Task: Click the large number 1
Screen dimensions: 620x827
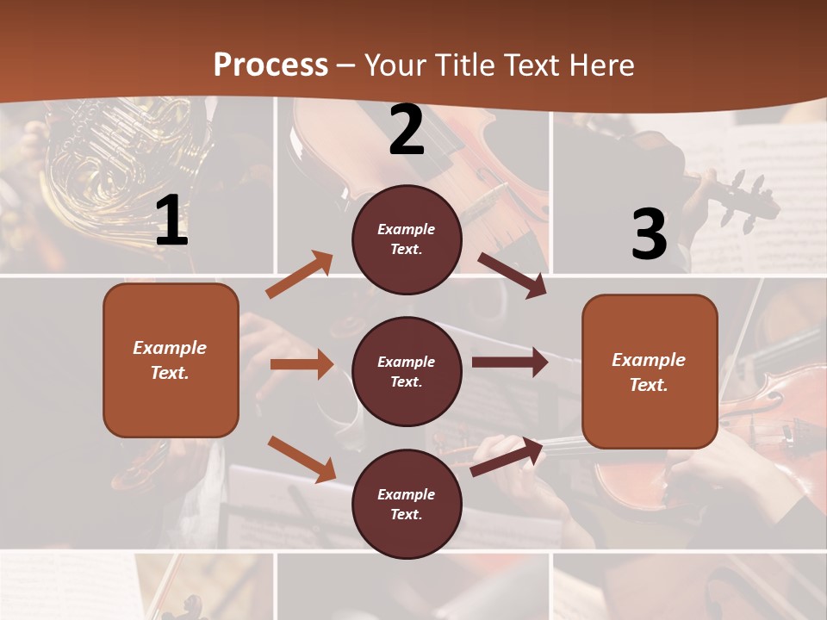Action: pyautogui.click(x=171, y=221)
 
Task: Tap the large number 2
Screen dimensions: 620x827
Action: pyautogui.click(x=407, y=130)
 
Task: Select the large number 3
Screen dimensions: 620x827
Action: pyautogui.click(x=649, y=234)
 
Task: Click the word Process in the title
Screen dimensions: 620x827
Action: pyautogui.click(x=270, y=65)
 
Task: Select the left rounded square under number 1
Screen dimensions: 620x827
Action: pyautogui.click(x=171, y=360)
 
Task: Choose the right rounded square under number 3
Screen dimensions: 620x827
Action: pyautogui.click(x=650, y=371)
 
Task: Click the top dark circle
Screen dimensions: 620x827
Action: pyautogui.click(x=407, y=239)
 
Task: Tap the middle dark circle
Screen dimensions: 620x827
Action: pyautogui.click(x=407, y=371)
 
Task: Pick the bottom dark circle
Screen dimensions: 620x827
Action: pyautogui.click(x=407, y=504)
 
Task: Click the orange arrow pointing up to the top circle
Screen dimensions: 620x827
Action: pyautogui.click(x=299, y=275)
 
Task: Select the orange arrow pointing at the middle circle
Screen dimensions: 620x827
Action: pyautogui.click(x=302, y=364)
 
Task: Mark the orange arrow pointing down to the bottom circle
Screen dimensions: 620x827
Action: pyautogui.click(x=302, y=458)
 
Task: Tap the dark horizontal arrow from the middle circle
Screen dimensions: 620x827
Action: pyautogui.click(x=509, y=363)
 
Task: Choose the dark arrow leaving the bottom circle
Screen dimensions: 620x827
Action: pyautogui.click(x=507, y=457)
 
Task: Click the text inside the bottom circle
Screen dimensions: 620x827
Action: pyautogui.click(x=407, y=504)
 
